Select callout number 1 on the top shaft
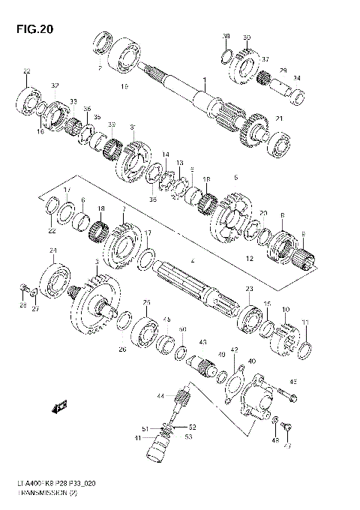tap(203, 79)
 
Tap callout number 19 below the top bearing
tap(124, 87)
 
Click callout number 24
tap(52, 250)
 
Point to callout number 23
tap(249, 289)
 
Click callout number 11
tap(304, 322)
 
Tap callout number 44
tap(160, 395)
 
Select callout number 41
tap(137, 438)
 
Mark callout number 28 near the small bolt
tap(23, 306)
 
